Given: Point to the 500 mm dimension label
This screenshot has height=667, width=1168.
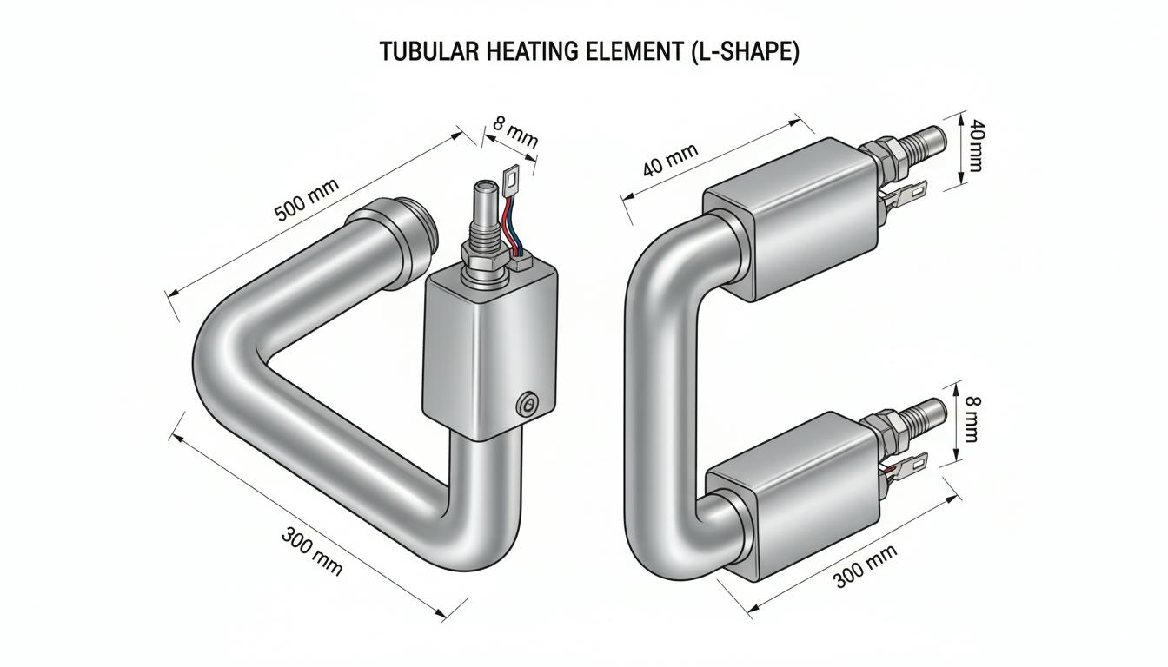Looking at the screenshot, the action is coord(307,200).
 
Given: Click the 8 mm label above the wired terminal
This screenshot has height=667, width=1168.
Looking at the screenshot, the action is coord(515,132).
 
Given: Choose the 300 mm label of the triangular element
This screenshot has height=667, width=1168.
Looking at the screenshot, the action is coord(312,551).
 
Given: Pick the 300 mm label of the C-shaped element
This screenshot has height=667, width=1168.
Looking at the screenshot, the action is coord(866,566).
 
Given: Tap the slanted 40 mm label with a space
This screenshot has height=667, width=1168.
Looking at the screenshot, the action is coord(670,160).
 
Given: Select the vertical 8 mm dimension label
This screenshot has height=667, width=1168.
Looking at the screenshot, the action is coord(972,419).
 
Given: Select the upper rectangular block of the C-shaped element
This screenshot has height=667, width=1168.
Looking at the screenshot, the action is coord(791,220).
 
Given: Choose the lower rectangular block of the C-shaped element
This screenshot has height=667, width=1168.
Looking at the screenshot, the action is coord(791,496).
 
